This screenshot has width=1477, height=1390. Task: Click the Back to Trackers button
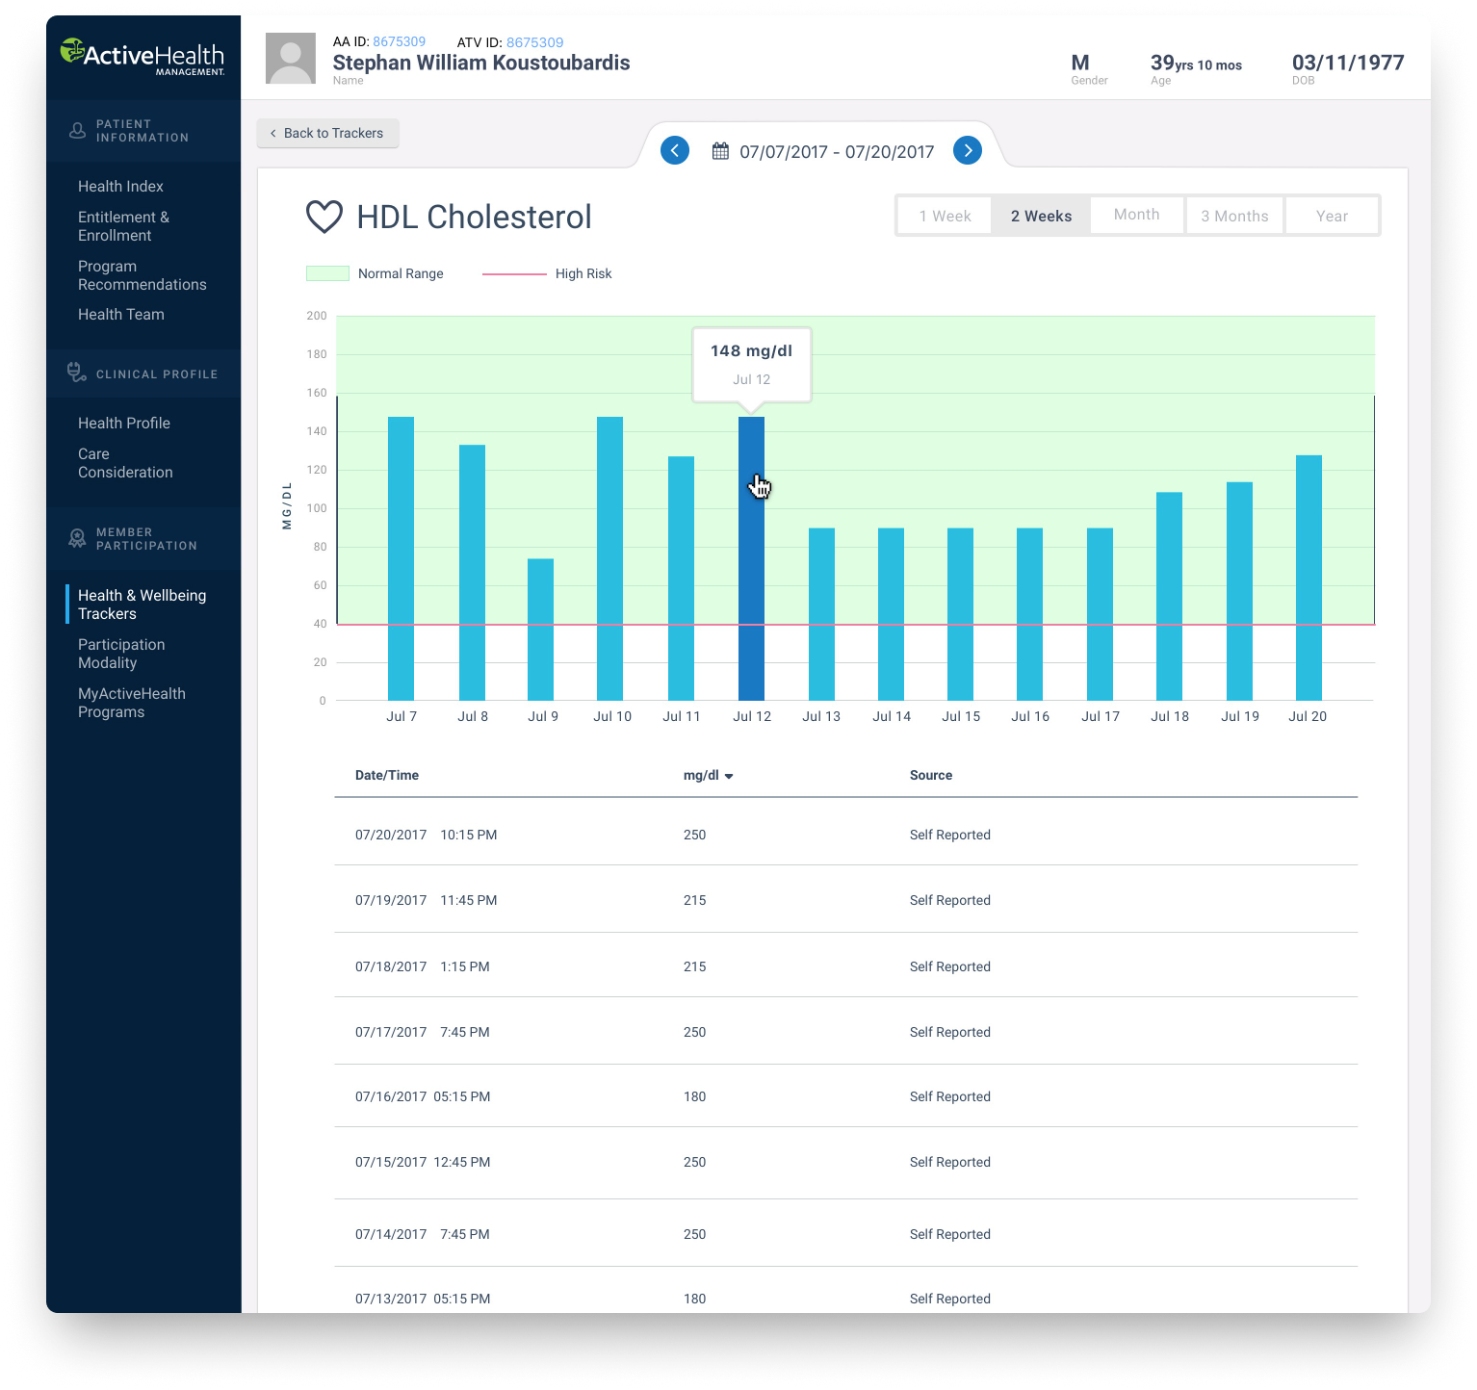(327, 133)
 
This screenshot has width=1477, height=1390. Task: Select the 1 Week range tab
(945, 216)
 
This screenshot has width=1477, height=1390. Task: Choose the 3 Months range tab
(1234, 216)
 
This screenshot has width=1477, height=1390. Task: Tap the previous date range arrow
(675, 151)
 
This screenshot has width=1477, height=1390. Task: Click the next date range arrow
(968, 151)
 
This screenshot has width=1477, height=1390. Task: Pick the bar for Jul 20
(1309, 578)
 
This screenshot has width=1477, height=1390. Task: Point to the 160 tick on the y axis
(317, 393)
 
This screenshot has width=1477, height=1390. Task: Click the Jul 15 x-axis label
(961, 716)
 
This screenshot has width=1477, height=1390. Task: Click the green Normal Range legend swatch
(327, 273)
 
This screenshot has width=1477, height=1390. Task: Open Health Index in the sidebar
(120, 186)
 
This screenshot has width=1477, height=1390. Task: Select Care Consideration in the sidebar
(125, 463)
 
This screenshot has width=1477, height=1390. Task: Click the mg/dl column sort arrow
(729, 776)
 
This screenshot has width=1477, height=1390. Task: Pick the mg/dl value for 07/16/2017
(694, 1096)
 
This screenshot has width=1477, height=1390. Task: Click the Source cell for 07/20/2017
(949, 835)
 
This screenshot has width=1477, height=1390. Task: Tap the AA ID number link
(399, 41)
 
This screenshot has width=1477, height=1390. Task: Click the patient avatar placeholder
(291, 59)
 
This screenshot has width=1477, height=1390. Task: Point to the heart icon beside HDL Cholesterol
(324, 217)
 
